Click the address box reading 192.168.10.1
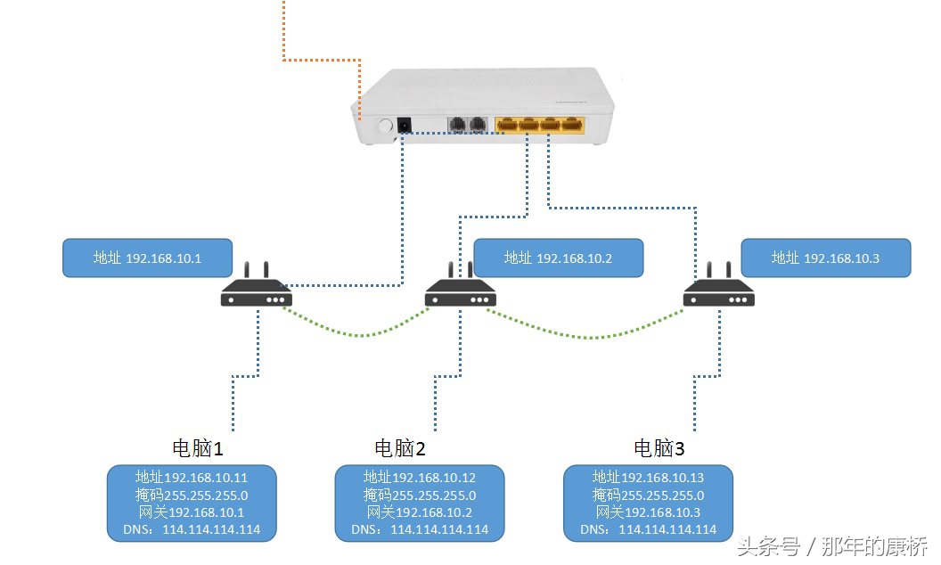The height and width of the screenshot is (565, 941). coord(147,258)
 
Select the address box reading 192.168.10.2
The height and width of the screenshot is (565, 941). coord(558,258)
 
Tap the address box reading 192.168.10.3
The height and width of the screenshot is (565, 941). coord(825,258)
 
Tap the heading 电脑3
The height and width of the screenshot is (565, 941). coord(659,447)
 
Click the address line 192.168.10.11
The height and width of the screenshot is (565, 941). coord(192,478)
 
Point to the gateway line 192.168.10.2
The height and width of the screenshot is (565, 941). coord(420,512)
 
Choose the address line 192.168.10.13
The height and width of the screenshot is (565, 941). coord(648,478)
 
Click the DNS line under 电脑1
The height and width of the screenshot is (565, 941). coord(192,529)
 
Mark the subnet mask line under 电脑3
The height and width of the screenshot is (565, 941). coord(648,495)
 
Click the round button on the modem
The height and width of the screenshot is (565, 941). coord(386,127)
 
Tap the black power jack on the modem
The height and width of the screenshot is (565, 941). coord(404,127)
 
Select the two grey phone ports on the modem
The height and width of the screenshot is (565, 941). coord(467,126)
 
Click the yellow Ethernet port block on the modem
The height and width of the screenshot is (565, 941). coord(541,125)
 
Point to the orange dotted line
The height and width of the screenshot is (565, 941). coord(321,61)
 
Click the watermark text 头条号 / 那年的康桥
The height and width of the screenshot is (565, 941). coord(831,545)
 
